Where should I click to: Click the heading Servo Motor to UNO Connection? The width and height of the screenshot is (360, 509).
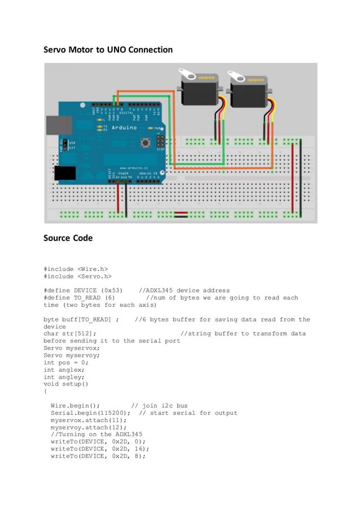click(108, 50)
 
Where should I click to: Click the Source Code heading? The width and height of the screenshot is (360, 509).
click(68, 238)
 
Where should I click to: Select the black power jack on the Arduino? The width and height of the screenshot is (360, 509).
click(64, 174)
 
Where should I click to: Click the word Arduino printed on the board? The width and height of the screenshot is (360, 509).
click(124, 128)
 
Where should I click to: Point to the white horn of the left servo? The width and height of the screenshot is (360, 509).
click(187, 73)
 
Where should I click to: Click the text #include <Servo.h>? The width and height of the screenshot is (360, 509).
click(77, 277)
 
